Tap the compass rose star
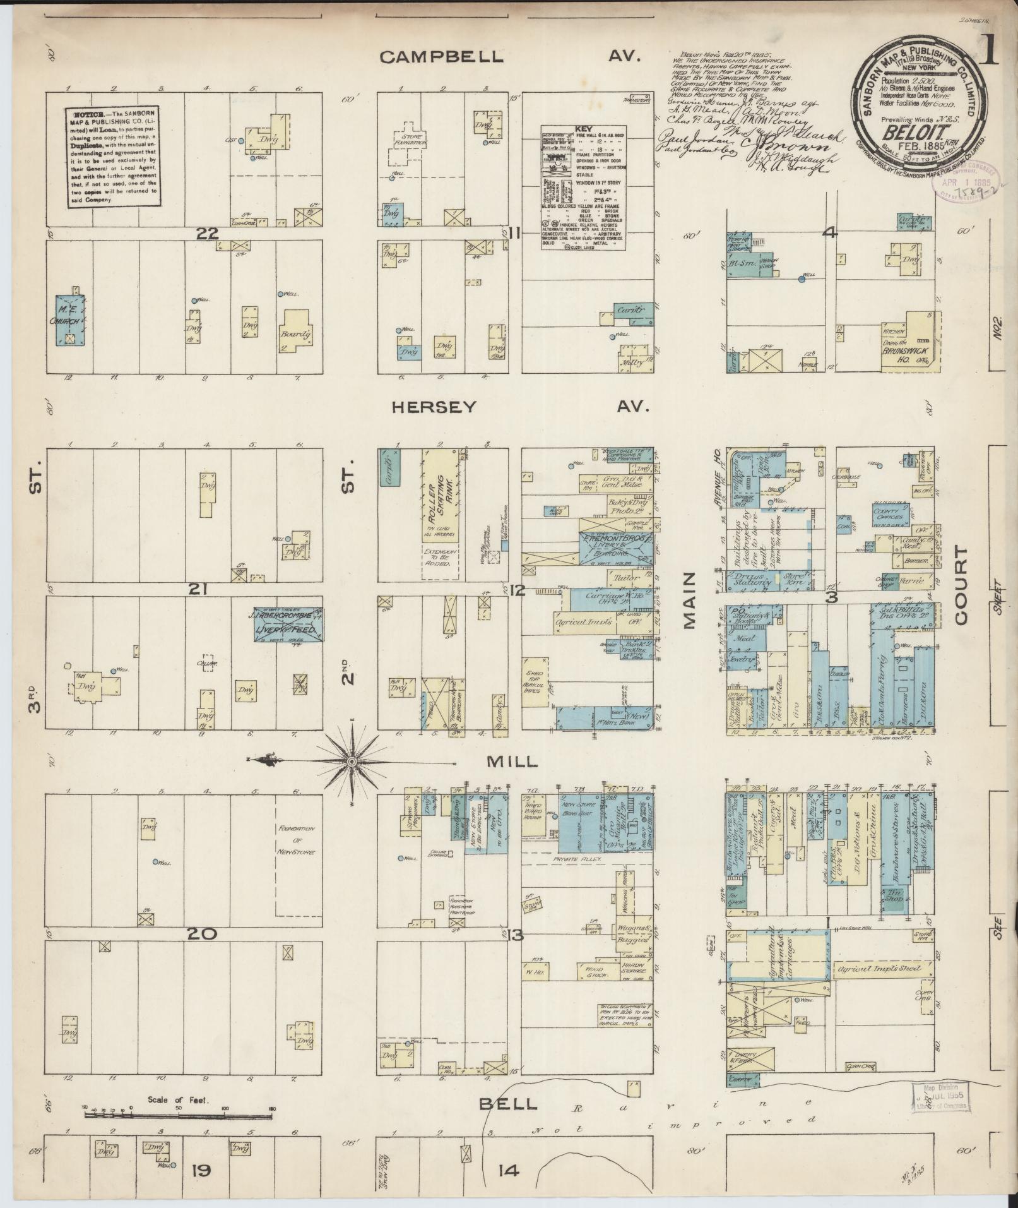click(x=350, y=762)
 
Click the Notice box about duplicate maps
click(x=111, y=157)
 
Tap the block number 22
click(x=207, y=234)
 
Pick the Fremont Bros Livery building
click(x=615, y=542)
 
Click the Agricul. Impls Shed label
click(x=877, y=967)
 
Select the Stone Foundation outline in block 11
click(x=410, y=140)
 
